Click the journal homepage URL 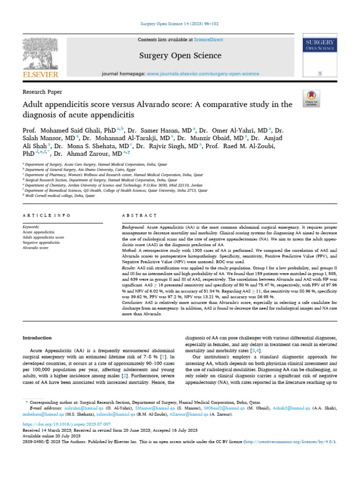click(202, 74)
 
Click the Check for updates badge click(311, 99)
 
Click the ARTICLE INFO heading click(46, 215)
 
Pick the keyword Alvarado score click(36, 248)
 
